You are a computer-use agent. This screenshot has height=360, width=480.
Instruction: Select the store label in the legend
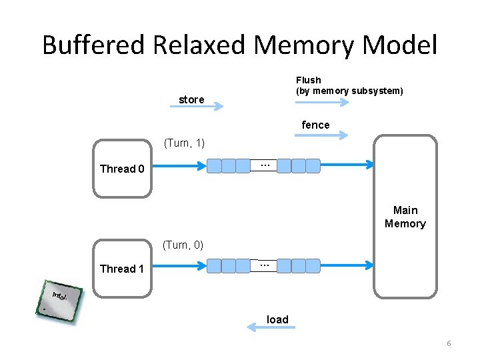pyautogui.click(x=191, y=99)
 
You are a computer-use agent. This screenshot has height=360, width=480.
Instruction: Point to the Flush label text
pyautogui.click(x=308, y=80)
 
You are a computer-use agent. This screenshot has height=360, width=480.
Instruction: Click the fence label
pyautogui.click(x=315, y=125)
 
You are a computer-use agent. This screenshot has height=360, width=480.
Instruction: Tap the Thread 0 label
pyautogui.click(x=121, y=169)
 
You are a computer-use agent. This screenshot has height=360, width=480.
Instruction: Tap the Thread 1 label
pyautogui.click(x=121, y=269)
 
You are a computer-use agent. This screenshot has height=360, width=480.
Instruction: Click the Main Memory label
pyautogui.click(x=405, y=217)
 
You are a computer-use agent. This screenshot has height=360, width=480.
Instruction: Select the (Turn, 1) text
pyautogui.click(x=184, y=143)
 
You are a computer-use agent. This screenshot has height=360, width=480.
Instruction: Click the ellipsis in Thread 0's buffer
pyautogui.click(x=264, y=165)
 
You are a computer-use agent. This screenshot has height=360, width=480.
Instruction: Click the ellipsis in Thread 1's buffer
pyautogui.click(x=264, y=265)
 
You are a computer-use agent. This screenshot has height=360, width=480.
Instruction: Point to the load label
pyautogui.click(x=277, y=319)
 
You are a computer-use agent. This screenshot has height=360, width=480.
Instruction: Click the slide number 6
pyautogui.click(x=449, y=343)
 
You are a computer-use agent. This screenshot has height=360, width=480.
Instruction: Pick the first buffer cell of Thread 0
pyautogui.click(x=214, y=166)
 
